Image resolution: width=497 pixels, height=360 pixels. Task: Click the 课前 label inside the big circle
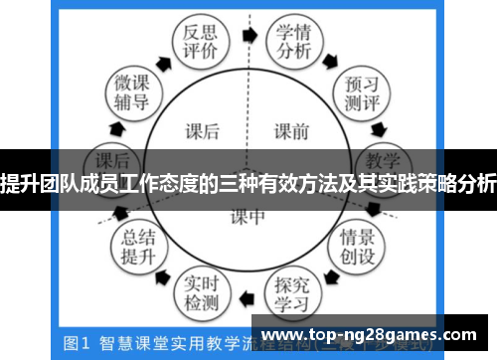click(x=292, y=129)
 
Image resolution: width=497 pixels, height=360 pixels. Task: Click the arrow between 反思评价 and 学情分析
click(x=248, y=33)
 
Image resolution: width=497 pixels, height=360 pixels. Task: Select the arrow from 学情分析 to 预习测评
click(x=339, y=55)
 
